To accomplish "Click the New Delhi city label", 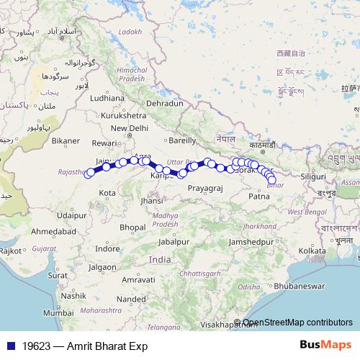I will [128, 128].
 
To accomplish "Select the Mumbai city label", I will [58, 313].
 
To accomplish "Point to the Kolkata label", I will [312, 250].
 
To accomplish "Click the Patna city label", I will [258, 196].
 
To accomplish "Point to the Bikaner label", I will [66, 140].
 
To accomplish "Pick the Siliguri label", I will [313, 176].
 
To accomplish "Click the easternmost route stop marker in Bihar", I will [272, 181].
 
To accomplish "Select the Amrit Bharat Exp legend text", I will [107, 346].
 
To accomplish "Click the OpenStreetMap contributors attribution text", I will [297, 323].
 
